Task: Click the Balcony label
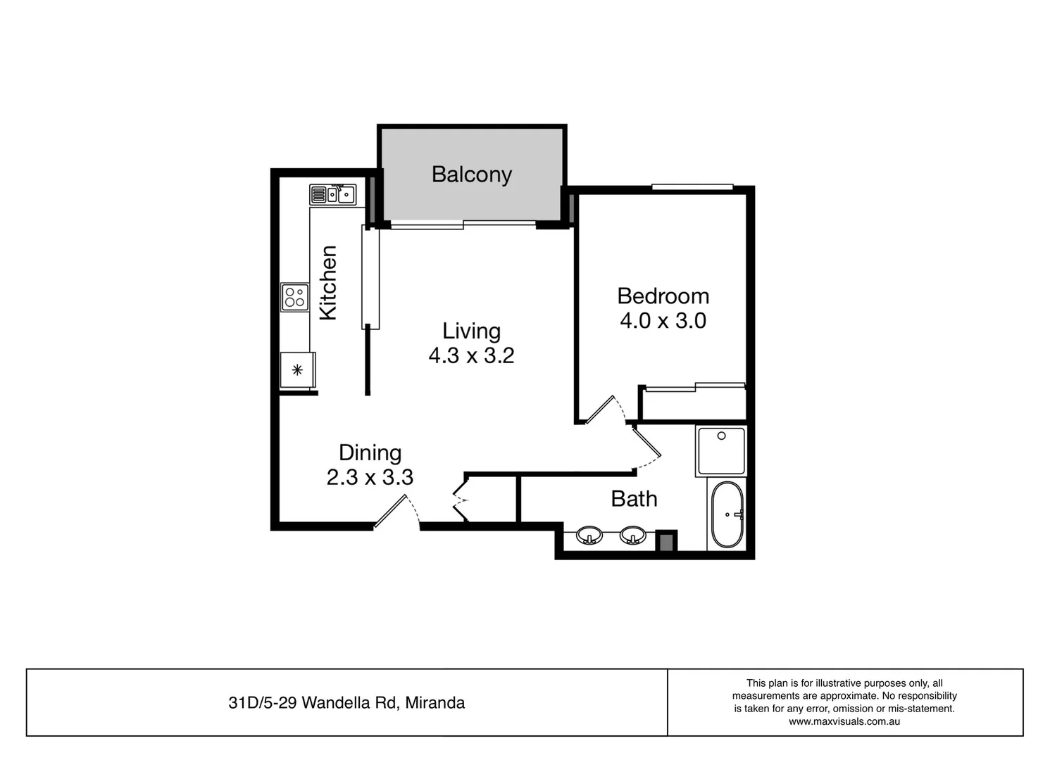[471, 175]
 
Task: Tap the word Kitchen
[328, 283]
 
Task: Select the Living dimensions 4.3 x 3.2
[471, 355]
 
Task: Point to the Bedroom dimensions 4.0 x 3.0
[663, 321]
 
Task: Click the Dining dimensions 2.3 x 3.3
[370, 477]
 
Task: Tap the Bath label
[634, 499]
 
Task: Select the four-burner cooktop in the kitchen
[295, 297]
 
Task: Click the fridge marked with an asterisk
[297, 369]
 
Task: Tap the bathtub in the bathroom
[727, 514]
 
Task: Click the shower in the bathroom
[720, 450]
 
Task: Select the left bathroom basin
[589, 536]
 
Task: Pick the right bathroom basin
[632, 536]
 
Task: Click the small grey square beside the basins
[665, 542]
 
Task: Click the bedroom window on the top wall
[692, 187]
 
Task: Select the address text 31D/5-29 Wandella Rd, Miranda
[346, 702]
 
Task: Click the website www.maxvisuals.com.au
[844, 721]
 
